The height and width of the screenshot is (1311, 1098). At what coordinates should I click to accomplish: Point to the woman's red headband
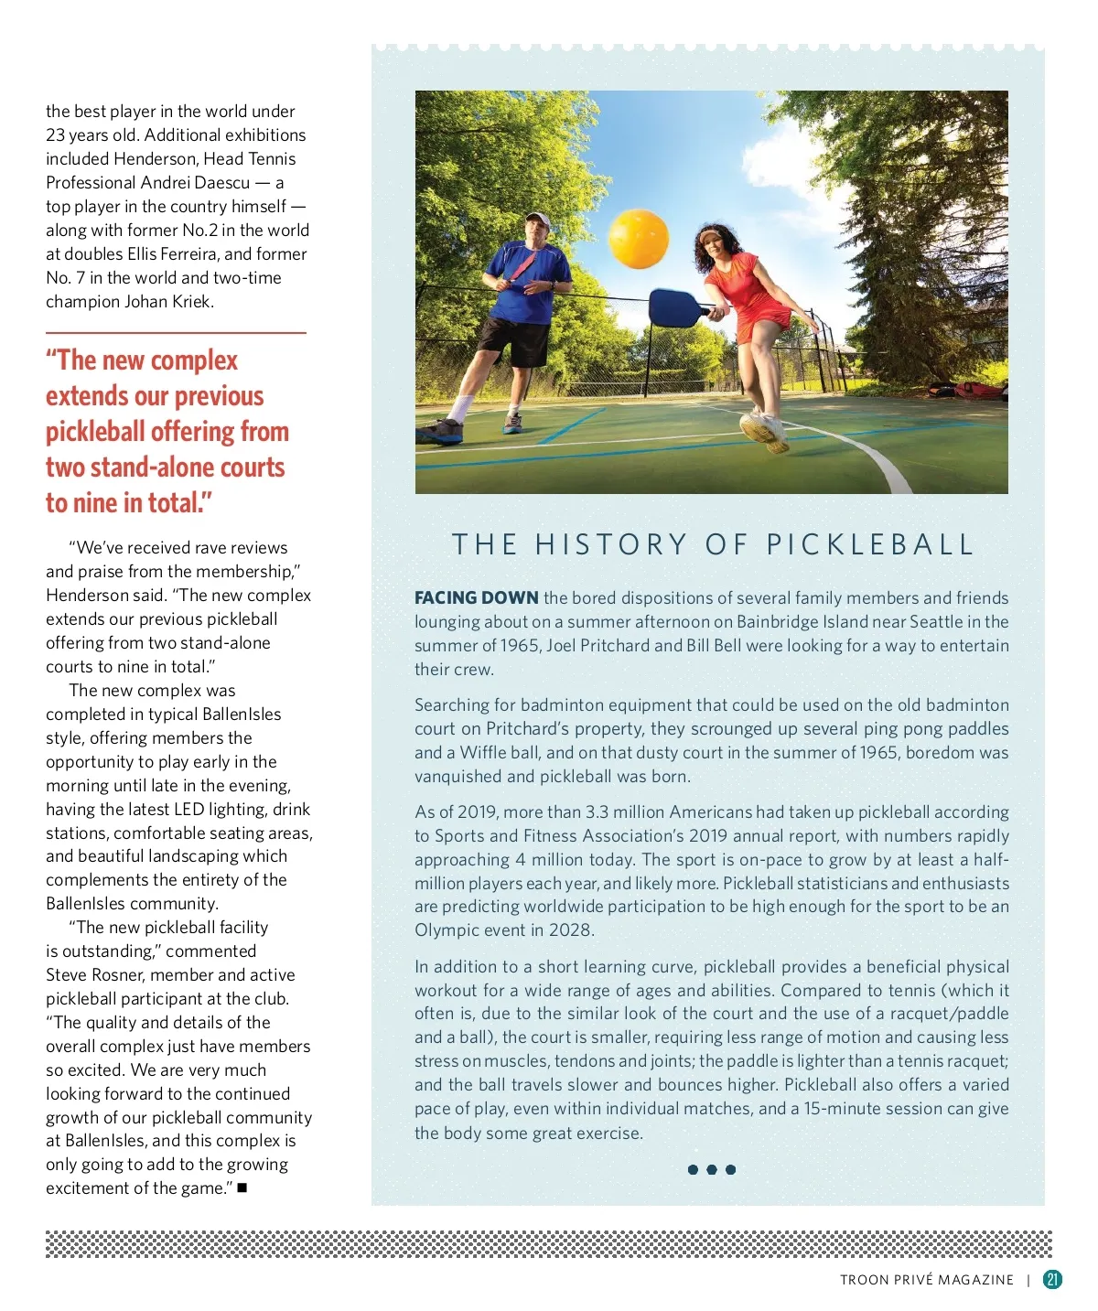711,234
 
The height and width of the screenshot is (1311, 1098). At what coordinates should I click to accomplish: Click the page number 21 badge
1052,1279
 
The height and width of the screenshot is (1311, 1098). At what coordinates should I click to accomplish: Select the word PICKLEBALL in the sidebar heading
869,545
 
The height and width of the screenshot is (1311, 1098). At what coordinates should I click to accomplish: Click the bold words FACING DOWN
476,598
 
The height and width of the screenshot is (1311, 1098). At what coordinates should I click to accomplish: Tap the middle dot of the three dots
712,1169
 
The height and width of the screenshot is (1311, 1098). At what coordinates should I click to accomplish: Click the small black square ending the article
242,1188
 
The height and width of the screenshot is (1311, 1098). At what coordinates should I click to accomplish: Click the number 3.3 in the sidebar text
597,812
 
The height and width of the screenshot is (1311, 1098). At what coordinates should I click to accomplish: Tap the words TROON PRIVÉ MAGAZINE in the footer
926,1280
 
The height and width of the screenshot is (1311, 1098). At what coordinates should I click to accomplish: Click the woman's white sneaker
764,431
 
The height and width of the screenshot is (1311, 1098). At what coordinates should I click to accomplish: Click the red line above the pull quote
176,333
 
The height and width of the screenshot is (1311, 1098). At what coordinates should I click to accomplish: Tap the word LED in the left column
189,810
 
